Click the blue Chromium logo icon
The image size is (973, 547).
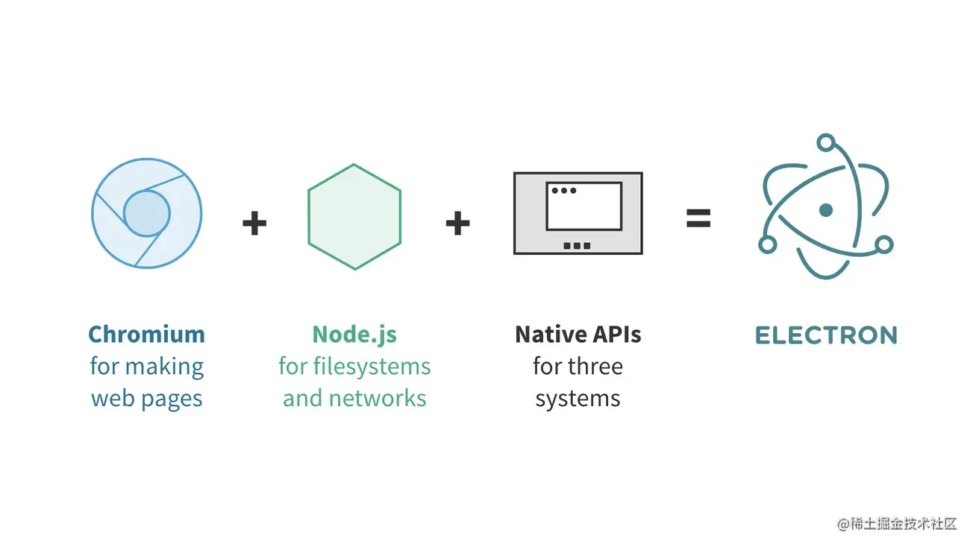tap(146, 214)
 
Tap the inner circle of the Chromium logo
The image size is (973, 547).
tap(146, 212)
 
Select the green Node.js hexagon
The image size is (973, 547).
tap(354, 216)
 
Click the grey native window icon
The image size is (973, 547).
tap(578, 213)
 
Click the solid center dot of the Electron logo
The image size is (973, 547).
tap(825, 210)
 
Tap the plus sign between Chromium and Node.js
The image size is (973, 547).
tap(254, 222)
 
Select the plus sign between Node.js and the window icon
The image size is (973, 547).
tap(457, 222)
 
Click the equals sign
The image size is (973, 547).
tap(698, 218)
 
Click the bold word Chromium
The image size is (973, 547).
tap(146, 334)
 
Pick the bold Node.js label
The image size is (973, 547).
tap(354, 334)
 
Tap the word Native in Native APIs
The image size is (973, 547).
tap(548, 334)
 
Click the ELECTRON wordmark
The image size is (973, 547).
tap(825, 335)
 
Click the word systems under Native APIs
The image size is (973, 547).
tap(578, 399)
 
